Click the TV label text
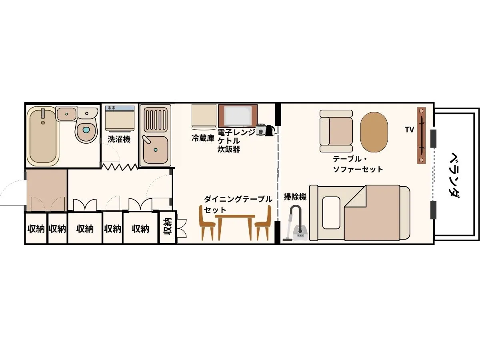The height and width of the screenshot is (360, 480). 409,130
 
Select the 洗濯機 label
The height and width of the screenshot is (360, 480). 119,140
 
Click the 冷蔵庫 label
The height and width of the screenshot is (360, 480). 202,138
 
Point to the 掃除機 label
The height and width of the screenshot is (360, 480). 295,197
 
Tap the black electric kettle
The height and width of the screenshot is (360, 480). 270,130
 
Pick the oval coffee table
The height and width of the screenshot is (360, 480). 374,132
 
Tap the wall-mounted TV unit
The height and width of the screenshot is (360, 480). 421,135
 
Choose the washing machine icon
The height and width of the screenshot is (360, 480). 120,118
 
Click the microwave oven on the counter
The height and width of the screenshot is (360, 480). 238,116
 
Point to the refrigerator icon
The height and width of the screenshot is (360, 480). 204,117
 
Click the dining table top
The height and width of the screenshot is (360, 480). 235,216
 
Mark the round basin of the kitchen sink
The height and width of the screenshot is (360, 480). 155,150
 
